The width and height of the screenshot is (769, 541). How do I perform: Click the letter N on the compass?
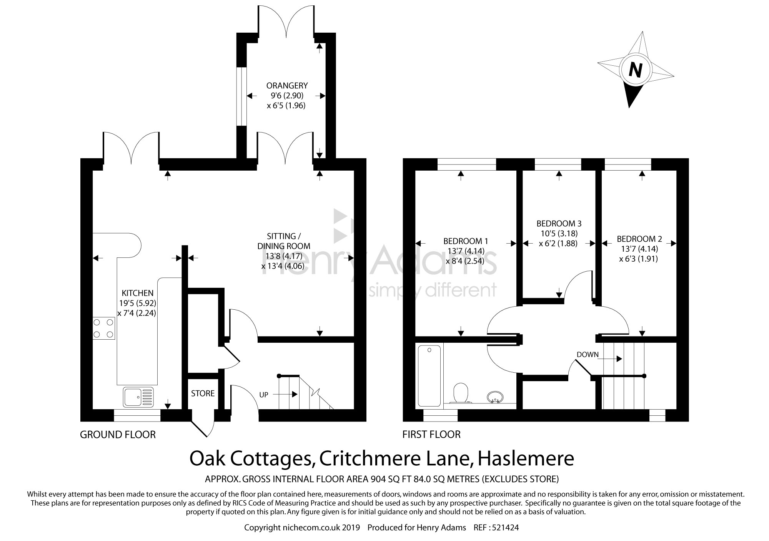click(x=635, y=70)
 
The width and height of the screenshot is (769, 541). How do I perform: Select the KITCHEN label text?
click(x=138, y=293)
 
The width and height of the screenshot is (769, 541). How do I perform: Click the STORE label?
click(x=203, y=393)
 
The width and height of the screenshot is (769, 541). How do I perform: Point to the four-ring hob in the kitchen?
click(x=104, y=329)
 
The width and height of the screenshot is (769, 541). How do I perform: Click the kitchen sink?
click(x=138, y=397)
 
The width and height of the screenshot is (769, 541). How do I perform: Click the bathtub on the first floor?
click(x=429, y=375)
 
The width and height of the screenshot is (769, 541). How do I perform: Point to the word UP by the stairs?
click(x=264, y=395)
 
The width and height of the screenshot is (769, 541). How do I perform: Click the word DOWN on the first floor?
click(x=588, y=354)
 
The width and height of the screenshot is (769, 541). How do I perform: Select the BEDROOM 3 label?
click(x=559, y=223)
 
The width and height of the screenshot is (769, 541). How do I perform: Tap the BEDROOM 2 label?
click(x=639, y=239)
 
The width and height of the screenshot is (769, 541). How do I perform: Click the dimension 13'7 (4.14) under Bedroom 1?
click(x=466, y=251)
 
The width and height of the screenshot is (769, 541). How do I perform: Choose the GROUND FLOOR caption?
click(x=118, y=435)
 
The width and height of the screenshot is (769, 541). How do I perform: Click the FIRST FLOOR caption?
click(x=431, y=435)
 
